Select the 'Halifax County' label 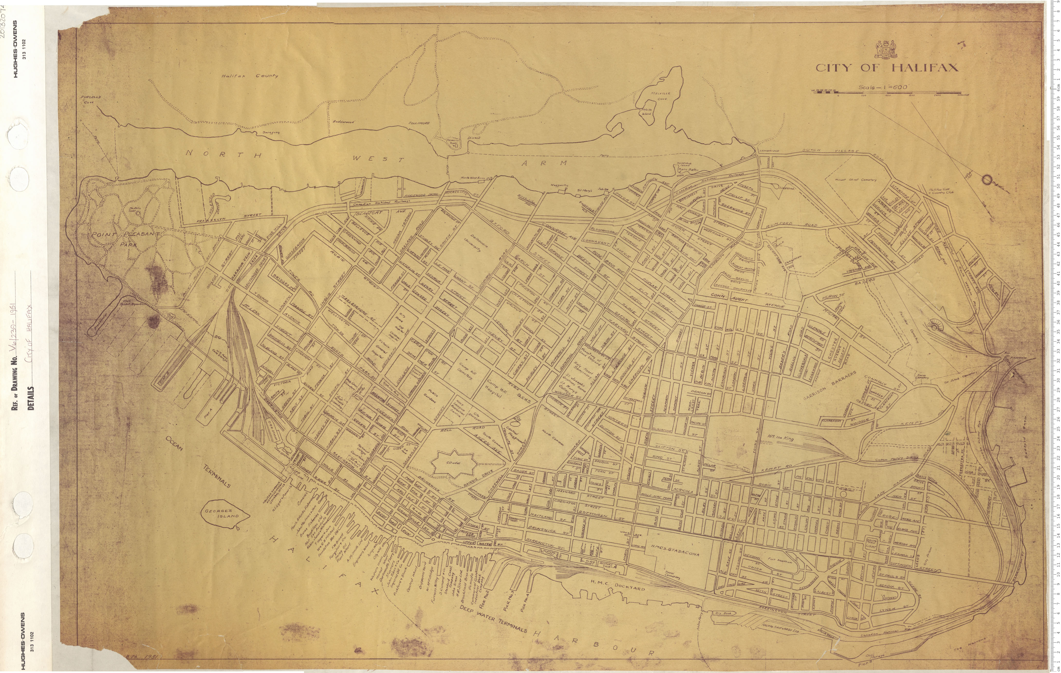click(250, 76)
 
